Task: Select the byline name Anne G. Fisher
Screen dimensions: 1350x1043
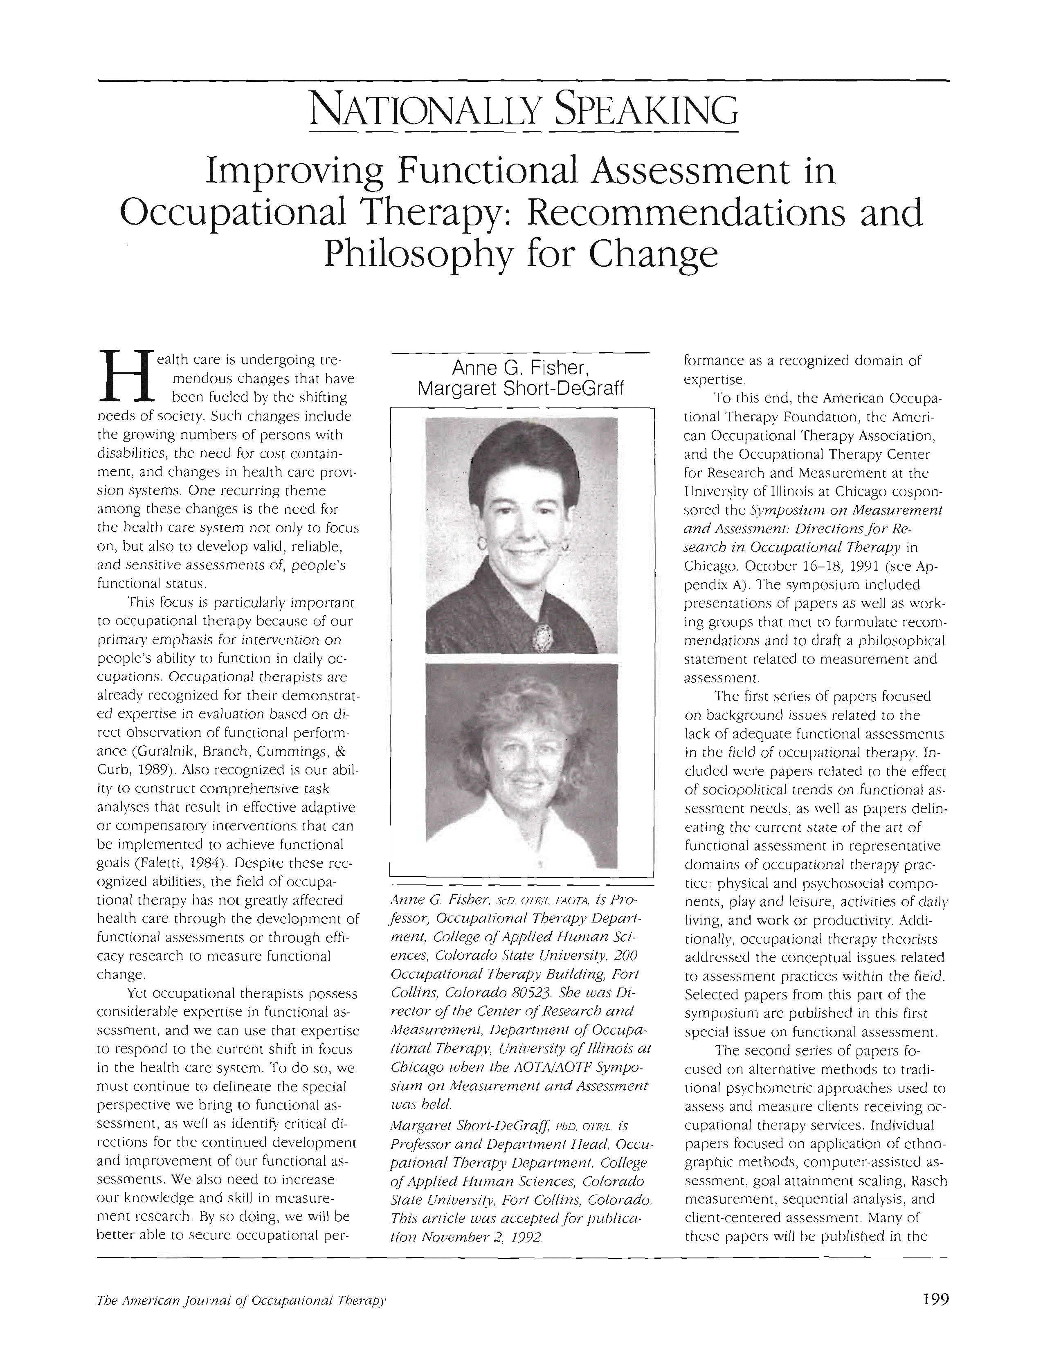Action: click(x=522, y=369)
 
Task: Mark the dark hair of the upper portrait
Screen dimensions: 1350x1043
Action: click(x=523, y=454)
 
